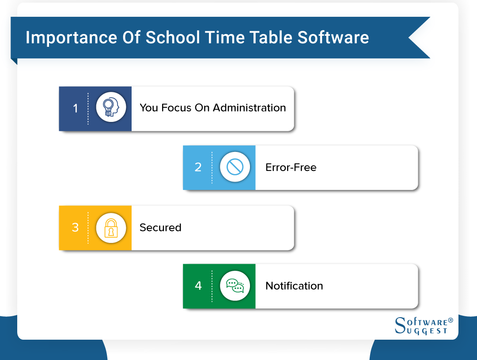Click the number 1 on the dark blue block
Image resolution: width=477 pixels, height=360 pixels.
click(x=75, y=108)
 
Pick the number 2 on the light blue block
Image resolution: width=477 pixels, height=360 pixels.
click(x=198, y=167)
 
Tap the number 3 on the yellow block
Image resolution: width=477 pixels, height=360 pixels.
click(x=75, y=227)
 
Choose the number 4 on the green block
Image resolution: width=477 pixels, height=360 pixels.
click(x=198, y=286)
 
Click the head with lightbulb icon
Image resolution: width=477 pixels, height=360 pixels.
click(x=111, y=107)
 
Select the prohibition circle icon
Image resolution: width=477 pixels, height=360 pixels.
click(x=235, y=167)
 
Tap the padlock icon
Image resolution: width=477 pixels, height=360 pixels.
click(x=111, y=227)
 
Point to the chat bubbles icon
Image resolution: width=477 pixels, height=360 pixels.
click(x=235, y=286)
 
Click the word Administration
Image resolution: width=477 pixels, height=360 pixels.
click(x=250, y=108)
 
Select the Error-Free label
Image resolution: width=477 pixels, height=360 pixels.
click(x=291, y=167)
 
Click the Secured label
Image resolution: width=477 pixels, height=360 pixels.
click(x=160, y=227)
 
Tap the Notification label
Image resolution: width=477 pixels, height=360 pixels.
click(x=294, y=286)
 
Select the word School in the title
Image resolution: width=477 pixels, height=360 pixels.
click(x=173, y=38)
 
